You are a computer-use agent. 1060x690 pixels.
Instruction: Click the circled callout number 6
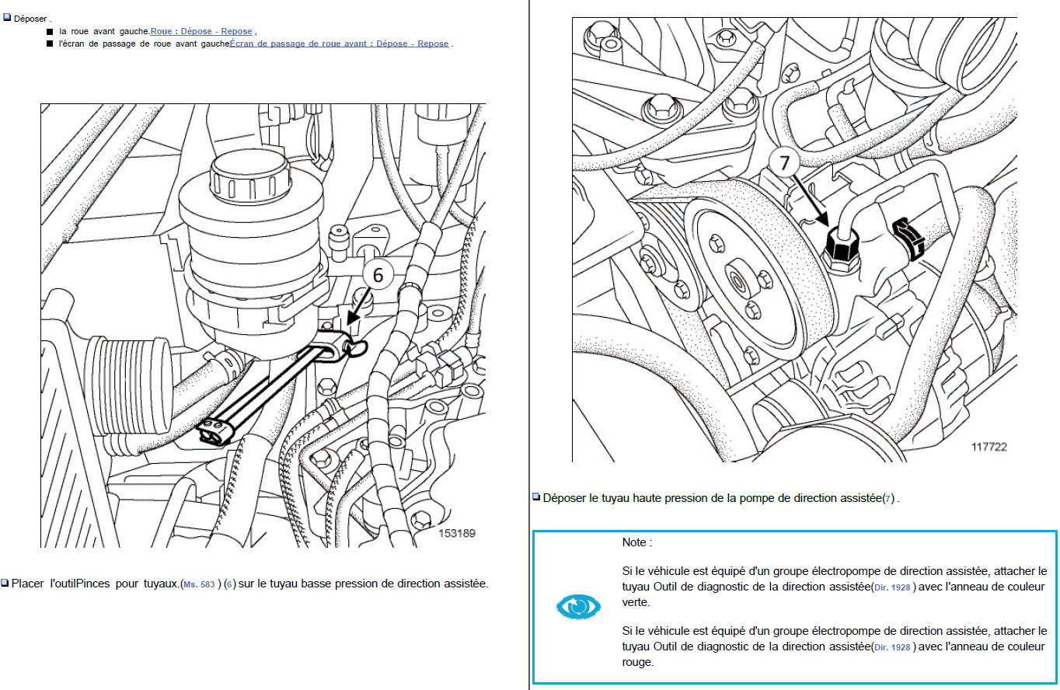pyautogui.click(x=378, y=274)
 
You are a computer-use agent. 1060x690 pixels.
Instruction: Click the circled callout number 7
pyautogui.click(x=784, y=162)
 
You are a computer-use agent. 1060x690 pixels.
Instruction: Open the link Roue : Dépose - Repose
pyautogui.click(x=201, y=31)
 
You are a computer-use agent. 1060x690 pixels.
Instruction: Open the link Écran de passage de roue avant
pyautogui.click(x=339, y=44)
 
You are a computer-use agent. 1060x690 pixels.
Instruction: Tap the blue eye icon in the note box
pyautogui.click(x=578, y=606)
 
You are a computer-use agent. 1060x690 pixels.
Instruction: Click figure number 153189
pyautogui.click(x=457, y=533)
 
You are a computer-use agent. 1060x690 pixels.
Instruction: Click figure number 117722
pyautogui.click(x=989, y=447)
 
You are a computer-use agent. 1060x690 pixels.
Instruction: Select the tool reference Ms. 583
pyautogui.click(x=199, y=584)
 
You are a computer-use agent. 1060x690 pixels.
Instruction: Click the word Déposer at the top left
pyautogui.click(x=30, y=19)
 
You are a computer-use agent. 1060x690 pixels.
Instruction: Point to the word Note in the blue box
pyautogui.click(x=634, y=542)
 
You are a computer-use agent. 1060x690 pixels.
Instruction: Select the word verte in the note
pyautogui.click(x=636, y=602)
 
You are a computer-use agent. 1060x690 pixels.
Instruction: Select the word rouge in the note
pyautogui.click(x=637, y=663)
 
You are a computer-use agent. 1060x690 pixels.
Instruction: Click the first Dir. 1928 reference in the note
pyautogui.click(x=892, y=587)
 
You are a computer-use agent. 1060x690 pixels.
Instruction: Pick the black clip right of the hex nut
pyautogui.click(x=908, y=239)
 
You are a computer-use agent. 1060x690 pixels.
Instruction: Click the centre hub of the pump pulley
pyautogui.click(x=737, y=283)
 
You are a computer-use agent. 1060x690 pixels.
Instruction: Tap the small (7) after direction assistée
pyautogui.click(x=888, y=499)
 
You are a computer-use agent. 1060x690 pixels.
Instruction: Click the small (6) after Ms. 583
pyautogui.click(x=229, y=584)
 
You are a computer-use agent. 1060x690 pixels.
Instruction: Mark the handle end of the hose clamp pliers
pyautogui.click(x=214, y=430)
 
